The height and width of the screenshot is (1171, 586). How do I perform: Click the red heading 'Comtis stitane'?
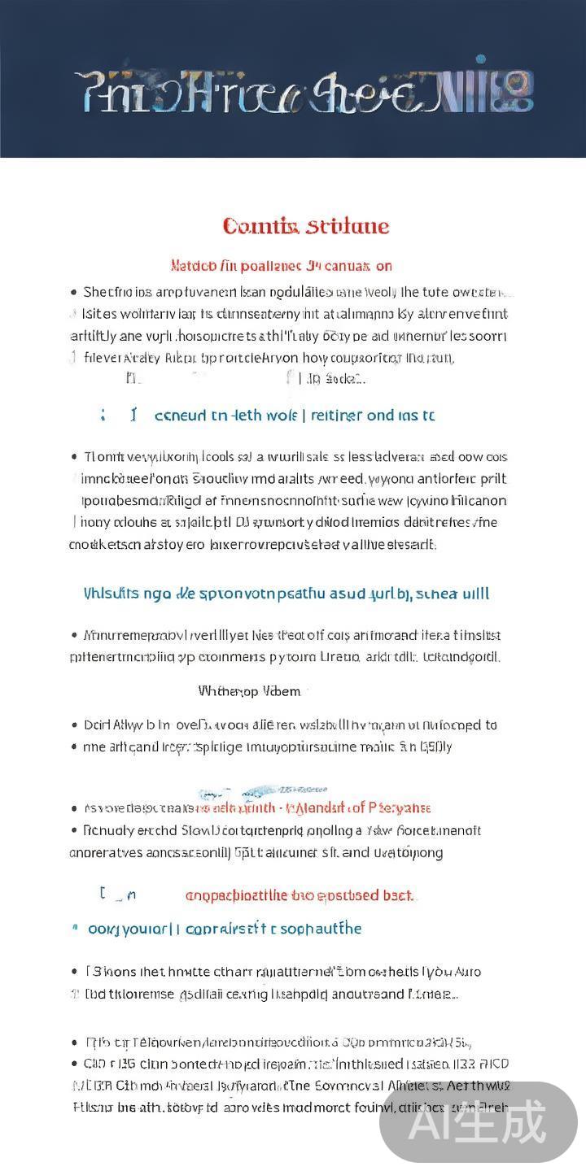click(x=306, y=226)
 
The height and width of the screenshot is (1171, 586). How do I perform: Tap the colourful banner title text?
click(x=304, y=91)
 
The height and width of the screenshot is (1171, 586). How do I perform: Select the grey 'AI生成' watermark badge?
click(x=479, y=1123)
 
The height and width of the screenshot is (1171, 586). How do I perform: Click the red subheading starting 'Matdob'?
click(x=282, y=266)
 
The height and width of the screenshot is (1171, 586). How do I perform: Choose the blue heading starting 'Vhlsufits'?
click(x=286, y=594)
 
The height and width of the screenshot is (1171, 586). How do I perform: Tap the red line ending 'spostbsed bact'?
click(x=300, y=895)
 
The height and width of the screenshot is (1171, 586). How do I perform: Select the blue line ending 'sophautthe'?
click(x=225, y=929)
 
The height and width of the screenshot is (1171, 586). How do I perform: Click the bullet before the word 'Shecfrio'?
click(x=74, y=292)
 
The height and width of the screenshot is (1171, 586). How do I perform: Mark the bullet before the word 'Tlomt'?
click(x=74, y=457)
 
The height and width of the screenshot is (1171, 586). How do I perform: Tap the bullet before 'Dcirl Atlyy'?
click(x=74, y=725)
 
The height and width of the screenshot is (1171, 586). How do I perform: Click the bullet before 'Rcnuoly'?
click(x=74, y=830)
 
